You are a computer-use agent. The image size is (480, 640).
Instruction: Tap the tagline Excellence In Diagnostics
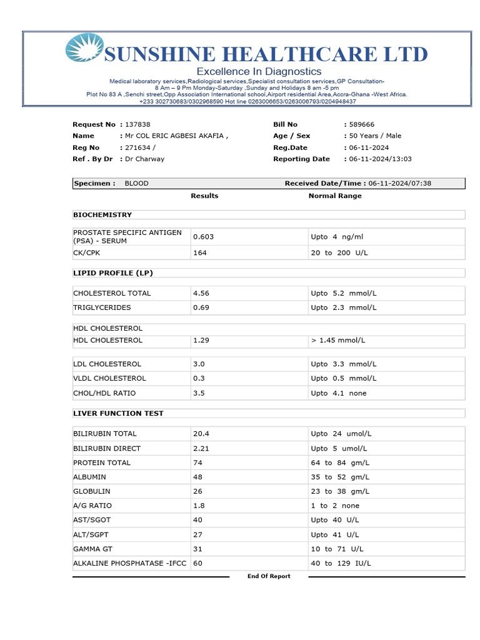click(259, 71)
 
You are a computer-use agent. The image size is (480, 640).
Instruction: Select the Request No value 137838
click(137, 124)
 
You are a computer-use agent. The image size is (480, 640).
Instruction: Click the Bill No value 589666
click(362, 124)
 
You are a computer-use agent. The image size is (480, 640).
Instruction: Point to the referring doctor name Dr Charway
click(144, 159)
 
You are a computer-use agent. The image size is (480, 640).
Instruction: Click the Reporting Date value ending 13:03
click(380, 159)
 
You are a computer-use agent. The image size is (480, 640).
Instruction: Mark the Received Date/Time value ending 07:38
click(400, 183)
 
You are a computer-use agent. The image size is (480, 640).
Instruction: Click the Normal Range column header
click(335, 196)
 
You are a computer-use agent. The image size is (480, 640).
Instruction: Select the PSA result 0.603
click(204, 237)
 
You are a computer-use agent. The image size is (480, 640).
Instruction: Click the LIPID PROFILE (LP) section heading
click(113, 273)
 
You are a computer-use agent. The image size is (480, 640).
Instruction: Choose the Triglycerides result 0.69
click(201, 307)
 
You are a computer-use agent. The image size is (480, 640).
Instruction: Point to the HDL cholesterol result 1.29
click(201, 340)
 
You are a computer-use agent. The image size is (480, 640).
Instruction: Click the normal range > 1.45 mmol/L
click(337, 340)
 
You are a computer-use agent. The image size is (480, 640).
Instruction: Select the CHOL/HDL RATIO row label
click(104, 393)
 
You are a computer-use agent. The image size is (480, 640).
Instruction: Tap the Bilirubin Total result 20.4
click(201, 433)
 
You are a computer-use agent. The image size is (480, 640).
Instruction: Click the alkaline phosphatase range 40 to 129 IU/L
click(341, 563)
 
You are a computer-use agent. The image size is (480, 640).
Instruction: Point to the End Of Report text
click(269, 576)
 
